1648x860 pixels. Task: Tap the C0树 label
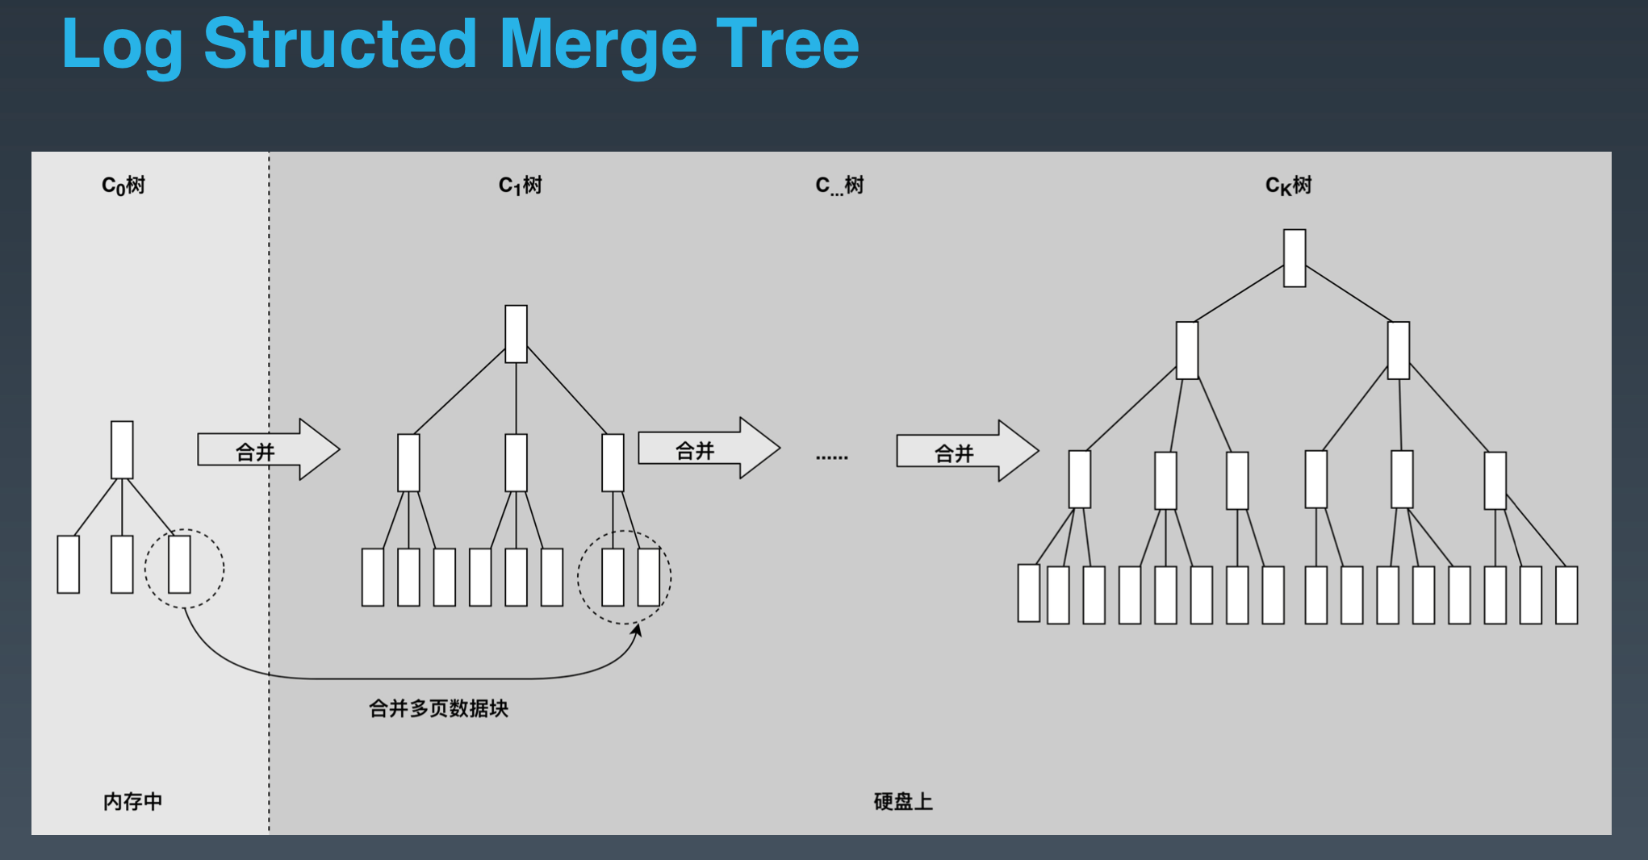[123, 186]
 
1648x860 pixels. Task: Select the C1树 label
[521, 186]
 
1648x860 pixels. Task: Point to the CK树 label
[1288, 186]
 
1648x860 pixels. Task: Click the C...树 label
[839, 186]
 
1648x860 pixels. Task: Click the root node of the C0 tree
[122, 449]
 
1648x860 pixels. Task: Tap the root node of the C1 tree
[516, 333]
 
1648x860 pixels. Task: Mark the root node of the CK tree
[1295, 257]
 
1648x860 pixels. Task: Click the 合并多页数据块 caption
[438, 708]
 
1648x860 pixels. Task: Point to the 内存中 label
[132, 801]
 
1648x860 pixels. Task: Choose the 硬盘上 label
[903, 801]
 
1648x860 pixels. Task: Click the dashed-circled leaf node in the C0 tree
[179, 564]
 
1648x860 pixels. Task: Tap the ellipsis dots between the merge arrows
[831, 457]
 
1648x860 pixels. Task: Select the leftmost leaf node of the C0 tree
[69, 564]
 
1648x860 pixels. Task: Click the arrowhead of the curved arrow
[637, 630]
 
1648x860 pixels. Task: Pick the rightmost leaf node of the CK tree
[1566, 595]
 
